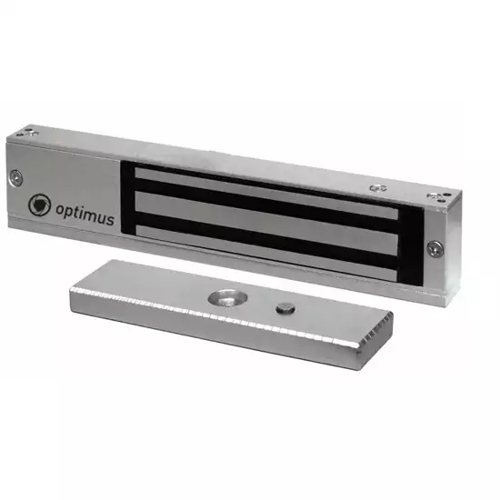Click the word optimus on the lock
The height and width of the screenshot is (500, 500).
(x=85, y=213)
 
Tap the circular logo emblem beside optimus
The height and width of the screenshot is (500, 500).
(x=39, y=205)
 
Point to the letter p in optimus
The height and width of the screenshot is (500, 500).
(x=69, y=212)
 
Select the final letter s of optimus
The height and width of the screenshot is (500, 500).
(x=110, y=219)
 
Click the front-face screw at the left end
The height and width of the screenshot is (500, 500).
(x=16, y=177)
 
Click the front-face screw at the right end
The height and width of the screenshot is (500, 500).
(x=435, y=248)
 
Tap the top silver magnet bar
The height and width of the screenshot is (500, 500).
(x=266, y=194)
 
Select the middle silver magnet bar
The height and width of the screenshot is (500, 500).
(x=266, y=224)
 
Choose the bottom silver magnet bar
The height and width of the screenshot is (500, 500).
(x=266, y=254)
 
